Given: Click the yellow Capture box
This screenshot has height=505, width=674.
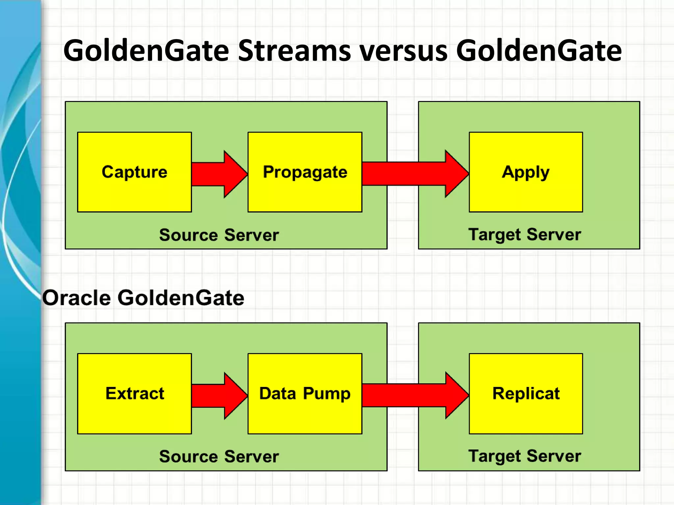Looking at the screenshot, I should pyautogui.click(x=134, y=172).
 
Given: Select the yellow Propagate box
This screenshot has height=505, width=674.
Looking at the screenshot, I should pyautogui.click(x=305, y=172).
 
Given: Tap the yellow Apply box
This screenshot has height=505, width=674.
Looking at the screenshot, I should pyautogui.click(x=526, y=172).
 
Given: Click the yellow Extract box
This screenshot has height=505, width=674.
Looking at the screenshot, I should pyautogui.click(x=134, y=394).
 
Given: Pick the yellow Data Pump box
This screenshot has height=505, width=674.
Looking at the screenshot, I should pyautogui.click(x=305, y=394).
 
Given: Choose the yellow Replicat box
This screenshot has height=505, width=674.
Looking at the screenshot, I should pyautogui.click(x=526, y=394).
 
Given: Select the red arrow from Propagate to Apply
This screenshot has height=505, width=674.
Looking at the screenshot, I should pyautogui.click(x=415, y=174).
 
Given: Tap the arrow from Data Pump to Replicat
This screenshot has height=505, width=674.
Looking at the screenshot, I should pyautogui.click(x=415, y=395).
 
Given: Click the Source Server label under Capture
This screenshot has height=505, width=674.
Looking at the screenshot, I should pyautogui.click(x=219, y=235).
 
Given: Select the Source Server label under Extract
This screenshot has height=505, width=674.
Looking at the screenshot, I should pyautogui.click(x=219, y=456).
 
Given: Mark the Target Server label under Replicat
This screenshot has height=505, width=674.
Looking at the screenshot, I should pyautogui.click(x=525, y=456).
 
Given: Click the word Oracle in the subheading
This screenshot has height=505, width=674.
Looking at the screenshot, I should pyautogui.click(x=76, y=298).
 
